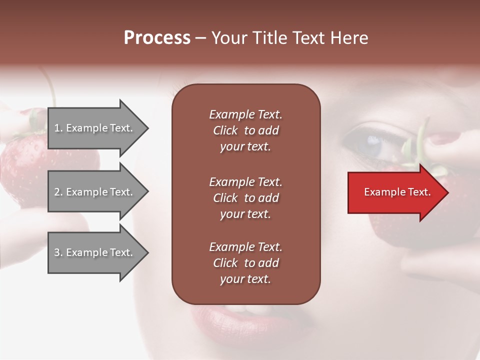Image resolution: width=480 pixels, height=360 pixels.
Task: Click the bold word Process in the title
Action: point(157,38)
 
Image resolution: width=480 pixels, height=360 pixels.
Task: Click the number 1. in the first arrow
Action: point(58,128)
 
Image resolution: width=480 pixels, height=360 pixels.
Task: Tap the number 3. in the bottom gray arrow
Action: point(58,252)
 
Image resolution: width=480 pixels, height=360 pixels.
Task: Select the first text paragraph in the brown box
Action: point(245,130)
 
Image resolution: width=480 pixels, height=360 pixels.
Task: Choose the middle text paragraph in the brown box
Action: point(245,198)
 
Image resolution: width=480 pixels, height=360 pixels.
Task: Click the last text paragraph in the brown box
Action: point(245,263)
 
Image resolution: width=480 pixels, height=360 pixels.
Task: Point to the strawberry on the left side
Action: point(25,165)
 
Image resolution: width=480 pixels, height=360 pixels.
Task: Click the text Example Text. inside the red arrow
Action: point(397,192)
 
